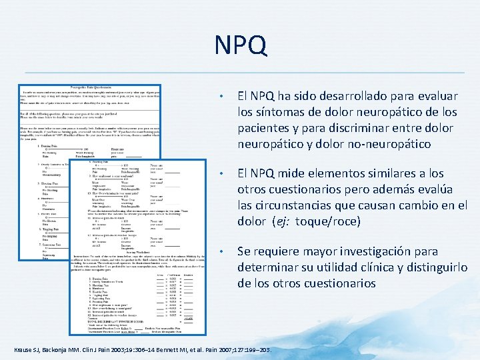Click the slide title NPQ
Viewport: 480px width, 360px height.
(240, 45)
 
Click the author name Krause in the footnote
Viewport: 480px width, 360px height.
(24, 350)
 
